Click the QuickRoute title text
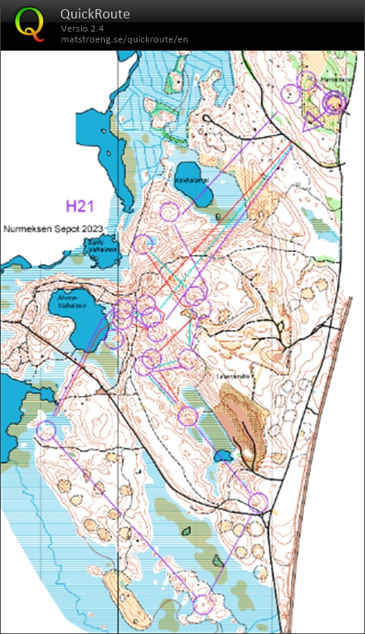95,14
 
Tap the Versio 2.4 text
83,29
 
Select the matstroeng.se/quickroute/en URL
124,39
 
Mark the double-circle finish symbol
334,102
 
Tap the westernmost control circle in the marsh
47,431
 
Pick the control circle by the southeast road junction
259,503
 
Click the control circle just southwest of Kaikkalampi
169,210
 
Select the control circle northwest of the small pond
188,416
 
